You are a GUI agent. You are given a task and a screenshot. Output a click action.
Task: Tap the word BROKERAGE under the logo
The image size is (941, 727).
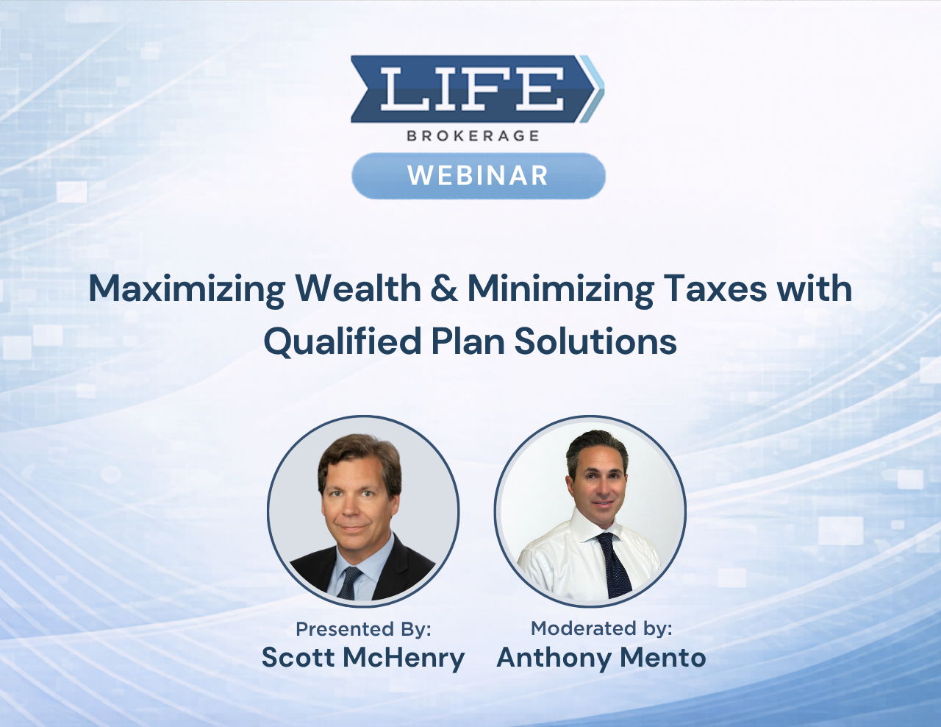pos(473,135)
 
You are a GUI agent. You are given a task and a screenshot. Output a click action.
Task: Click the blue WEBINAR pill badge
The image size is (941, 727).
pos(478,176)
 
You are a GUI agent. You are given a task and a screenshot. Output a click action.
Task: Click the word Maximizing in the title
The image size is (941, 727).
pos(187,288)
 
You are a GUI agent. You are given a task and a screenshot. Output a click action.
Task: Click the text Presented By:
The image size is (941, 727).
pos(363,629)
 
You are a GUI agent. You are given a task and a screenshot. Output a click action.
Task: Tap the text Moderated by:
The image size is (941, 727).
pos(601,628)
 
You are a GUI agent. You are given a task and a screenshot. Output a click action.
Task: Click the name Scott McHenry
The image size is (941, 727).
pos(363,657)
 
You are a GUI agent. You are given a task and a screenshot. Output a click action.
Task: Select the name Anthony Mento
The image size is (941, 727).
pos(601,657)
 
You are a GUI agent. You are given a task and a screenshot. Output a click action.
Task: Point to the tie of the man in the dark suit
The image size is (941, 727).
pos(349,581)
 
